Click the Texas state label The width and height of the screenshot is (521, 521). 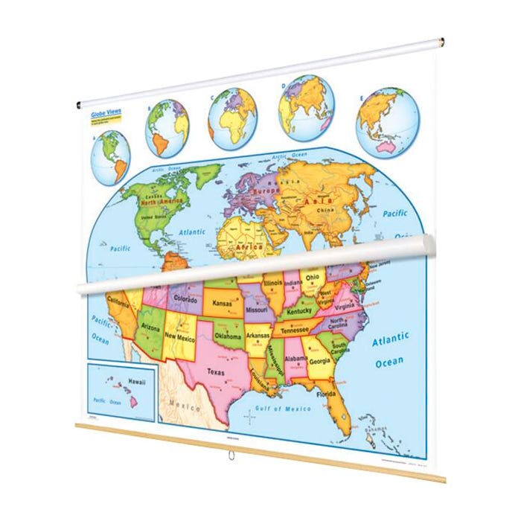[216, 371]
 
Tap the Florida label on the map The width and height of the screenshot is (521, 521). [325, 394]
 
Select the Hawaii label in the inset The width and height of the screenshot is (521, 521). [136, 381]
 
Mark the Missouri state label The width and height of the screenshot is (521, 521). [257, 308]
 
